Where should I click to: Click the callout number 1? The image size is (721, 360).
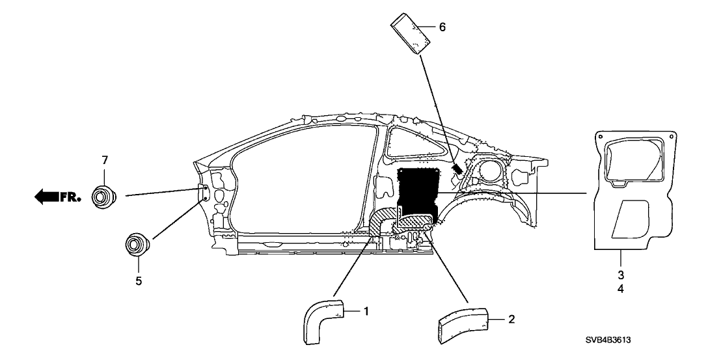[366, 312]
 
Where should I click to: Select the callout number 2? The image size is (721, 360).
[511, 319]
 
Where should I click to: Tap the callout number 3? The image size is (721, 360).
[621, 274]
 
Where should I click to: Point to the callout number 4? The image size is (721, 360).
[621, 288]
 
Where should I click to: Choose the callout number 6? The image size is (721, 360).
[442, 27]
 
